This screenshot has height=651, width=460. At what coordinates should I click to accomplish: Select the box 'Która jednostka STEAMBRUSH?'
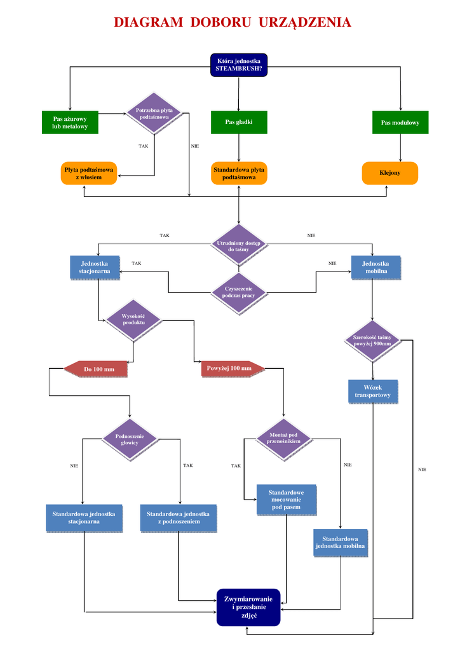pos(239,65)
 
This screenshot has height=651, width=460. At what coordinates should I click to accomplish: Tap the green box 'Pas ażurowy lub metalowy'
pos(70,123)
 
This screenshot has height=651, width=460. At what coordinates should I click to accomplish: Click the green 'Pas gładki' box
pos(239,122)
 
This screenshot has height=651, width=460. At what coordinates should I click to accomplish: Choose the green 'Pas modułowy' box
pos(400,122)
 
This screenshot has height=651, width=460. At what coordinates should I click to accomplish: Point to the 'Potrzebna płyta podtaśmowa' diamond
pos(154,114)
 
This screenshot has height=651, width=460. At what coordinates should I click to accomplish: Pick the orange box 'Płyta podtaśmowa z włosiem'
pos(89,174)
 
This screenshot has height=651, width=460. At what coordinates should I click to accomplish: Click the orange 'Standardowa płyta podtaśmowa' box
pos(239,174)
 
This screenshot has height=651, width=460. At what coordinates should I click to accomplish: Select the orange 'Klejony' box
pos(390,173)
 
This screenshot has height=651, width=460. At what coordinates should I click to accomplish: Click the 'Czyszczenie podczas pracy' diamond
pos(239,292)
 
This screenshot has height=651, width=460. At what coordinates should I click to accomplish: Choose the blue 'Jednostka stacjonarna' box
pos(95,267)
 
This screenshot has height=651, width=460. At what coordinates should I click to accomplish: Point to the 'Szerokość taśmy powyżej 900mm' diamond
pos(372,340)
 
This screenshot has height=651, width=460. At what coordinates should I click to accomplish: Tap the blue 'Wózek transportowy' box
pos(373,391)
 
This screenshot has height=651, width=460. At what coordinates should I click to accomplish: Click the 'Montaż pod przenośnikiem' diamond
pos(283,438)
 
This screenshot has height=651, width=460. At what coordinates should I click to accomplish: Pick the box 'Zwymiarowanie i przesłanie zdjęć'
pos(248,606)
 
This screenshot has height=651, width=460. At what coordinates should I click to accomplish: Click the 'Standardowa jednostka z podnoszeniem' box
pos(178,517)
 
